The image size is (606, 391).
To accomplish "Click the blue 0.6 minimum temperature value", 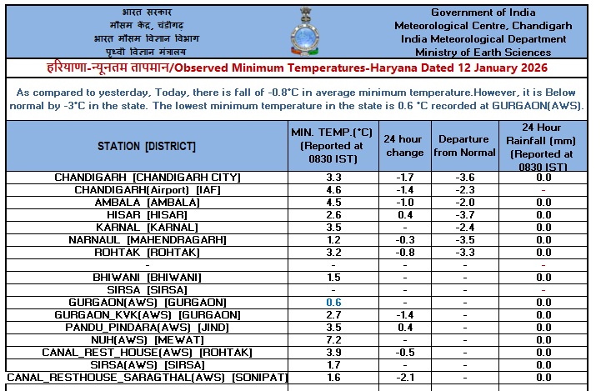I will coord(333,302).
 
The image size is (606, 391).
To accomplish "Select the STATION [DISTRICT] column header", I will coord(147,146).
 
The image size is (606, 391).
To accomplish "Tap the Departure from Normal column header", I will coord(465,146).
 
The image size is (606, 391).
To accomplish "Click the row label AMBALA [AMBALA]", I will coord(147,202).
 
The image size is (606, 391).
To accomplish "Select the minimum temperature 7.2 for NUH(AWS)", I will coord(333,339).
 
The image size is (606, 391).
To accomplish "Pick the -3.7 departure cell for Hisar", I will coord(465,214).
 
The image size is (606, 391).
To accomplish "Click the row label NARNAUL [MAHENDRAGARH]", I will coord(147,239).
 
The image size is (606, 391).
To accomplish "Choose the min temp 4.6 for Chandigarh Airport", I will coord(333,189).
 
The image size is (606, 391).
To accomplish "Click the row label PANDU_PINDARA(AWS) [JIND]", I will coord(147,327).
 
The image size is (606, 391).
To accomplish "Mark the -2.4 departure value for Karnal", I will coord(465,227).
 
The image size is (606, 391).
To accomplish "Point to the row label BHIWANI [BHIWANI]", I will coord(147,277).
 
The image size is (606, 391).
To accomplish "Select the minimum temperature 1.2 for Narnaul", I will coord(333,239).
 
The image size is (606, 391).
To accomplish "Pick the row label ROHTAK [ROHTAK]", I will coord(147,252).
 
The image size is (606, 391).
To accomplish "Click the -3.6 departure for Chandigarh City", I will coord(465,177).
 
